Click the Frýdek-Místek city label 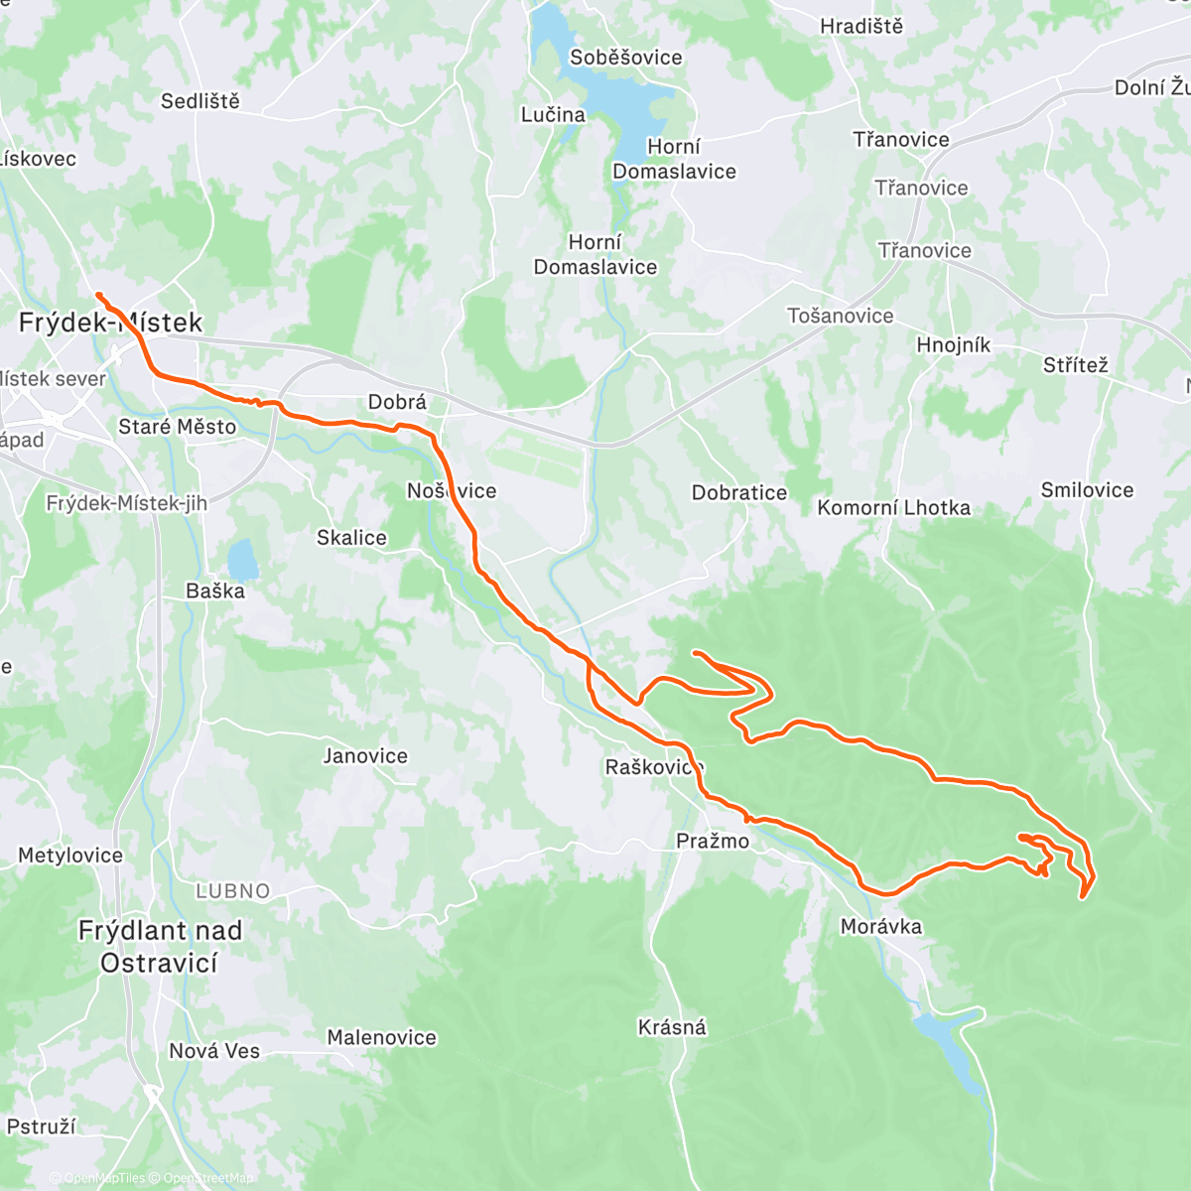click(x=110, y=323)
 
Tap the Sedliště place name click(x=200, y=101)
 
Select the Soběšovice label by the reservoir click(x=625, y=58)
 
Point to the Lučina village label click(x=553, y=115)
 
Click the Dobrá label click(x=397, y=402)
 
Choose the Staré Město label click(x=178, y=427)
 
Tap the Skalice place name click(x=351, y=538)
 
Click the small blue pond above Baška click(x=242, y=561)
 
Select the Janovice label click(x=365, y=756)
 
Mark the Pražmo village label click(x=713, y=842)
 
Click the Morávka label click(x=880, y=927)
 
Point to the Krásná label click(x=672, y=1027)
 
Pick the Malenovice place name click(x=382, y=1038)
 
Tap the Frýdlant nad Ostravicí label click(x=159, y=947)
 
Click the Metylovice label click(x=70, y=856)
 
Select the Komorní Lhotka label click(x=893, y=508)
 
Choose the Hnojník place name click(x=953, y=345)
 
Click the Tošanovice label click(x=840, y=317)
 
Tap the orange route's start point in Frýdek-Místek click(x=97, y=295)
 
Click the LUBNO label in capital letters click(x=232, y=891)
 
